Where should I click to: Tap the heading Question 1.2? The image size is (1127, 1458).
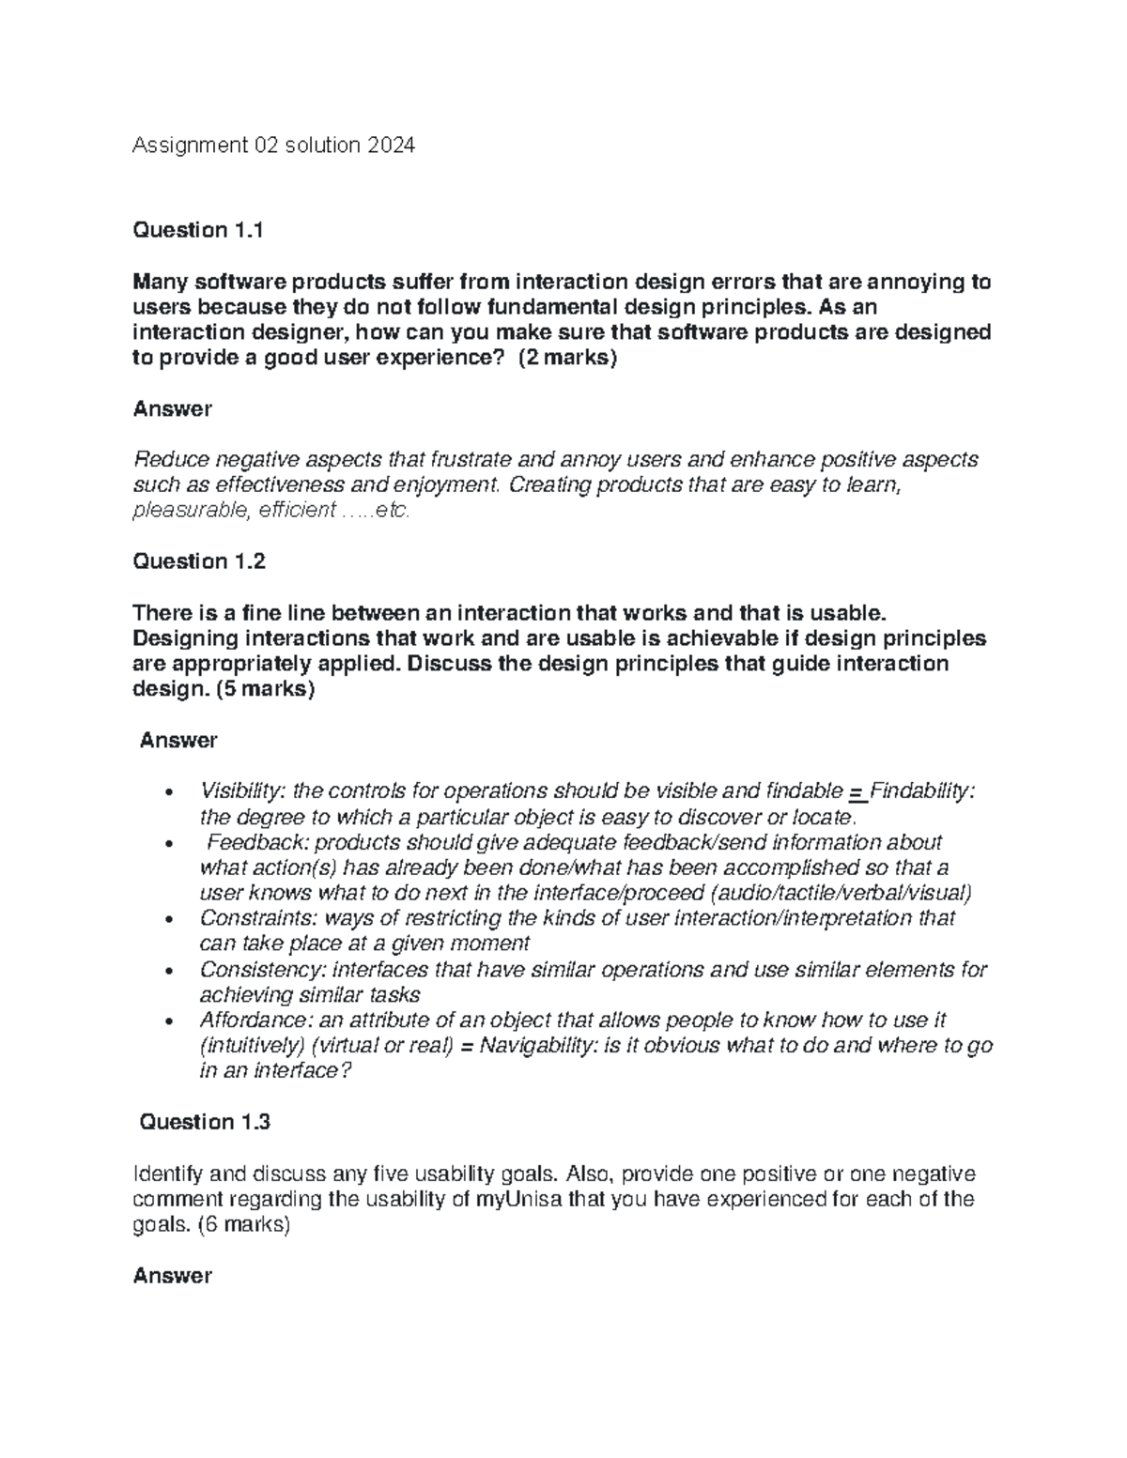pyautogui.click(x=199, y=561)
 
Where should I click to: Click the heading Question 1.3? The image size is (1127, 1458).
pyautogui.click(x=205, y=1122)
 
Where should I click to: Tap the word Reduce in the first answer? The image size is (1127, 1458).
pyautogui.click(x=169, y=460)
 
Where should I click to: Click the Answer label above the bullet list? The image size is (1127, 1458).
pyautogui.click(x=178, y=740)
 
